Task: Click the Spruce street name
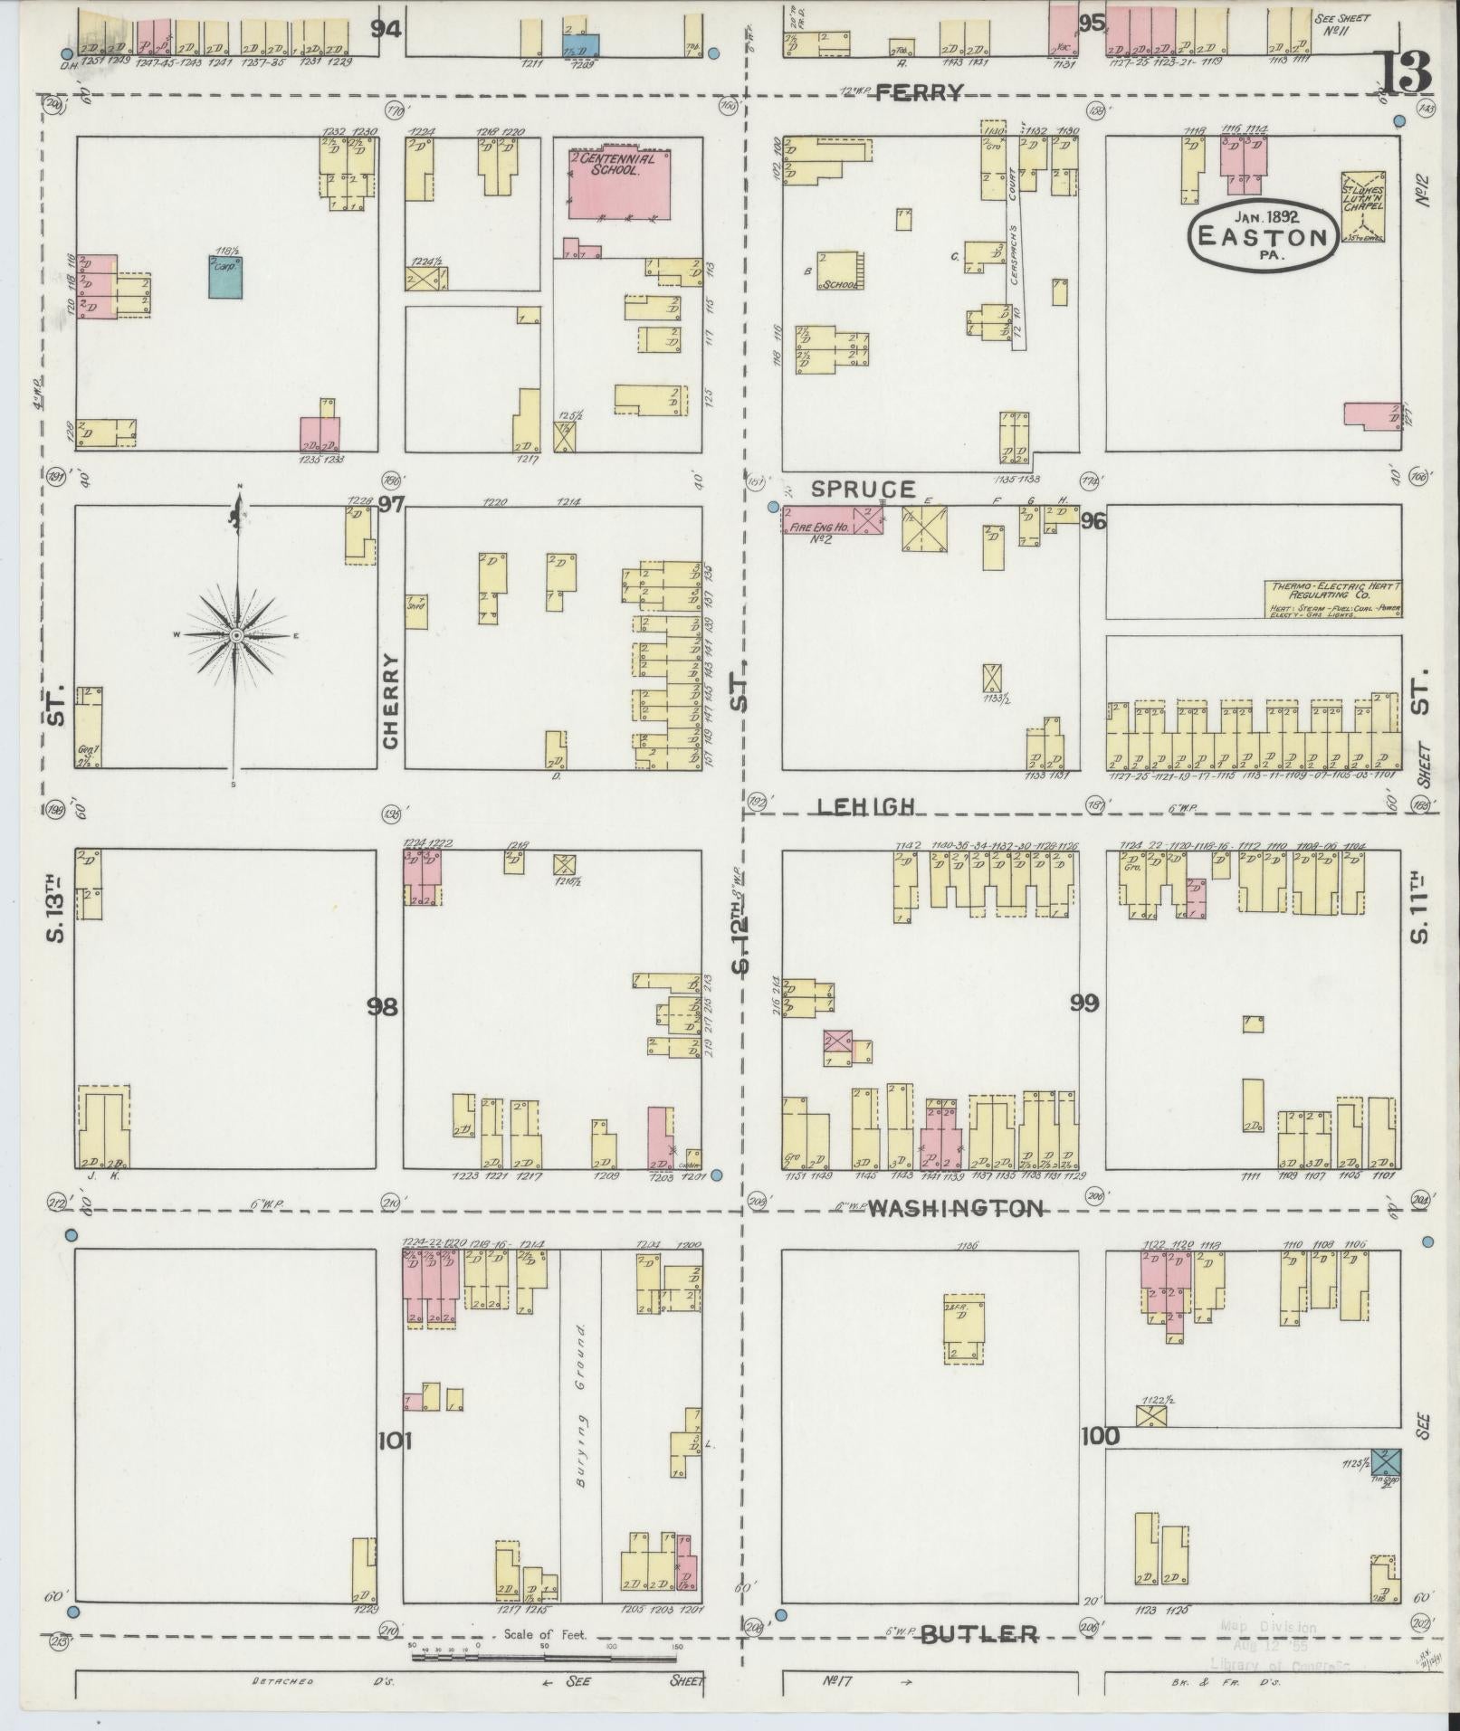[863, 490]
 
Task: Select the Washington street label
[956, 1208]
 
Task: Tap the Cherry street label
[391, 701]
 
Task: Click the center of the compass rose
[236, 635]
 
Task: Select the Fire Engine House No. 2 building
[820, 520]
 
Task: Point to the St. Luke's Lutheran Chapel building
[1363, 205]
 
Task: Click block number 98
[383, 1006]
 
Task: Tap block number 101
[396, 1440]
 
